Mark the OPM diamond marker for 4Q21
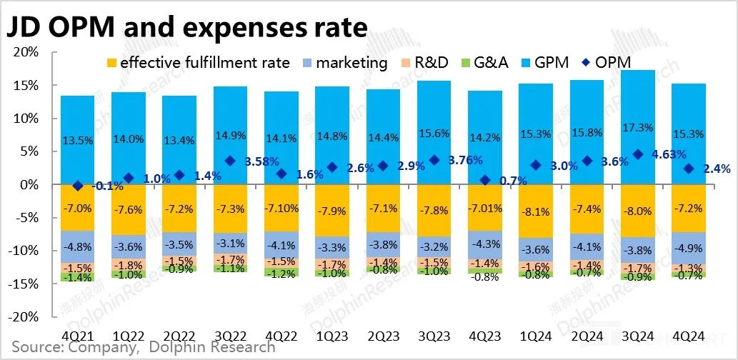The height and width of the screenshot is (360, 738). (77, 186)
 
